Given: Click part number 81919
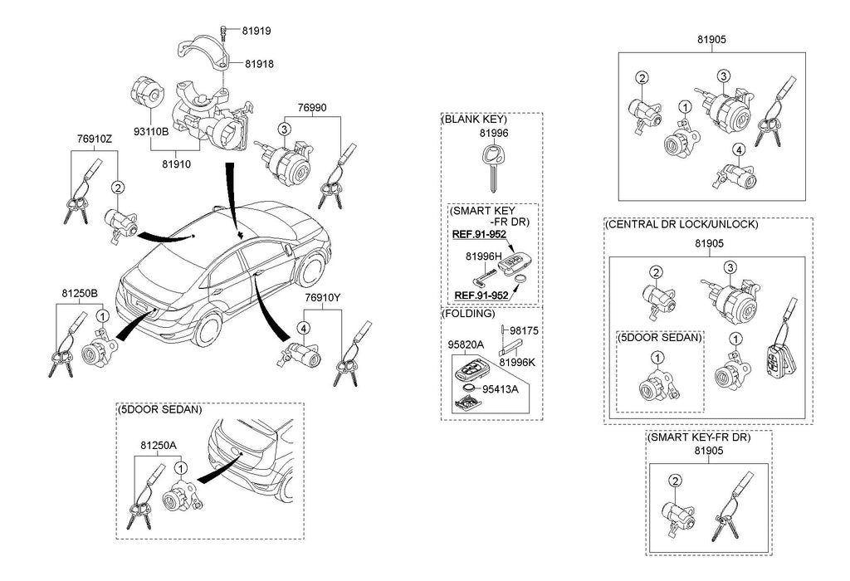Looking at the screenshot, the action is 256,31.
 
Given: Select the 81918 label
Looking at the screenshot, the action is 259,64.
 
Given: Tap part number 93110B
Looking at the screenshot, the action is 151,132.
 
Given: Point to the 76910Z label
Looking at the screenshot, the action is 95,139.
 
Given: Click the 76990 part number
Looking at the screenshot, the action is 312,108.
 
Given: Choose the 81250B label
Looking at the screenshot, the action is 79,294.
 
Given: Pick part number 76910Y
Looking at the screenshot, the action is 323,298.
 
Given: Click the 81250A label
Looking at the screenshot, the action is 159,446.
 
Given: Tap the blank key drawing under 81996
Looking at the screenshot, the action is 493,167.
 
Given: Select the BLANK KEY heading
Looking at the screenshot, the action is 474,120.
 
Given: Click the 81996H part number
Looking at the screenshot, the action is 484,256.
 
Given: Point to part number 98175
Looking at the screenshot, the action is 525,330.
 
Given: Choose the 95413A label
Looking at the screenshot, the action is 501,389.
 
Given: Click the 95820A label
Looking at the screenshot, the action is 466,344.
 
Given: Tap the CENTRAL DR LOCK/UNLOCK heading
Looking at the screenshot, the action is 682,224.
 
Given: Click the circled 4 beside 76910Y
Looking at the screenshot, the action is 304,328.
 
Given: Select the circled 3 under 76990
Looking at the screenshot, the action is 285,129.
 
